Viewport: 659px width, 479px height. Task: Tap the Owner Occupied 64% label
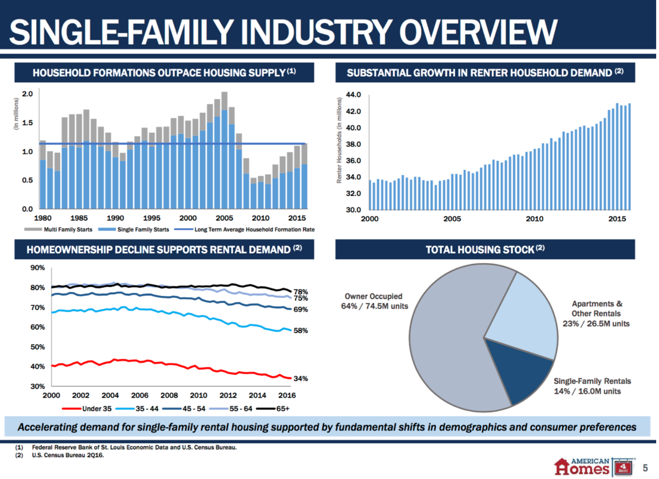374,301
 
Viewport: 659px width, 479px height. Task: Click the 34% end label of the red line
300,378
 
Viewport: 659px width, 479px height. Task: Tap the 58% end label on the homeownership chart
300,330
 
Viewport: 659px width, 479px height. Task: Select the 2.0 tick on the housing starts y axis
28,94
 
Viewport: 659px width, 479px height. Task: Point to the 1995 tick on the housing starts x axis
151,218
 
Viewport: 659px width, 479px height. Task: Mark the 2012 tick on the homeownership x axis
228,395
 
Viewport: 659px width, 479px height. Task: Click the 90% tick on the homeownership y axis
37,268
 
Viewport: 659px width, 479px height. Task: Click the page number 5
645,468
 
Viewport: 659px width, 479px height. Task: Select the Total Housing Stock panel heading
485,250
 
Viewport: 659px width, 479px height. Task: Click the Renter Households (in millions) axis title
339,140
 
